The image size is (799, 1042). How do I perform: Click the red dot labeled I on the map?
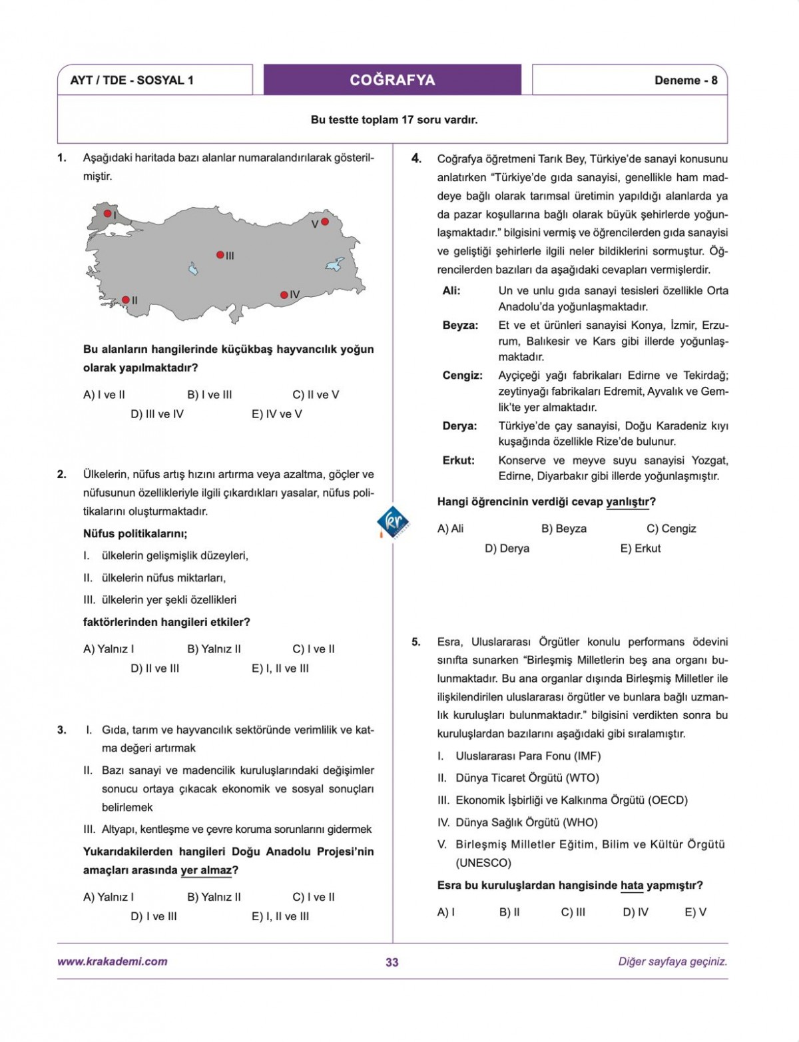coord(107,214)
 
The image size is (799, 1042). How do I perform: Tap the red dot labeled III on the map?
coord(220,255)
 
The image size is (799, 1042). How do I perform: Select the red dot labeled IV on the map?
coord(284,295)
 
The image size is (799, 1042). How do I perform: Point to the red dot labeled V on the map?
coord(325,222)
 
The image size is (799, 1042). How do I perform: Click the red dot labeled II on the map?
coord(125,300)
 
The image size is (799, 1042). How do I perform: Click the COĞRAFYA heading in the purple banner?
coord(392,80)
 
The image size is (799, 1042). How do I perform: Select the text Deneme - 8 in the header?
coord(685,81)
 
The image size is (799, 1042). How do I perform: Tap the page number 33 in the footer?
coord(392,962)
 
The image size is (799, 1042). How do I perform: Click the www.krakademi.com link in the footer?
coord(113,961)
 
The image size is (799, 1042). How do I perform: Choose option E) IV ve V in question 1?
coord(276,414)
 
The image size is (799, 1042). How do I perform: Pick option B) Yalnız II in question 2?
coord(214,649)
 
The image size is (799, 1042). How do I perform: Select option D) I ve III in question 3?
coord(154,917)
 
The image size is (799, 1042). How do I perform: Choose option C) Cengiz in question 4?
coord(671,529)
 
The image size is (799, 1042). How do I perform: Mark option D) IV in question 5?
coord(635,913)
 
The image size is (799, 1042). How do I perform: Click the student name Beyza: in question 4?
coord(460,326)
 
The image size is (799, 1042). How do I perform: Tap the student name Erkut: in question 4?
coord(458,461)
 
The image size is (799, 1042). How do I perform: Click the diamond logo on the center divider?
coord(393,521)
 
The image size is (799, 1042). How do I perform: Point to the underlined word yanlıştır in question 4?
coord(627,502)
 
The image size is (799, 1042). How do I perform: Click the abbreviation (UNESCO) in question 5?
coord(483,863)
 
